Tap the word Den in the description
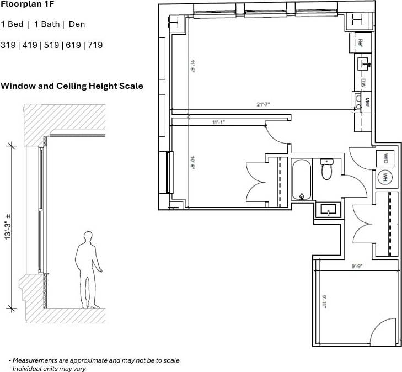pyautogui.click(x=77, y=24)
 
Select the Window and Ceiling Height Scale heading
pyautogui.click(x=72, y=86)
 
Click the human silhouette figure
pyautogui.click(x=87, y=270)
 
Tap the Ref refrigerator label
pyautogui.click(x=361, y=42)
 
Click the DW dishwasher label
pyautogui.click(x=363, y=82)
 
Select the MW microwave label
pyautogui.click(x=366, y=102)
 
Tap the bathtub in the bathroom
pyautogui.click(x=302, y=180)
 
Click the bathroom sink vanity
pyautogui.click(x=329, y=210)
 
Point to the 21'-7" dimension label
pyautogui.click(x=263, y=104)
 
